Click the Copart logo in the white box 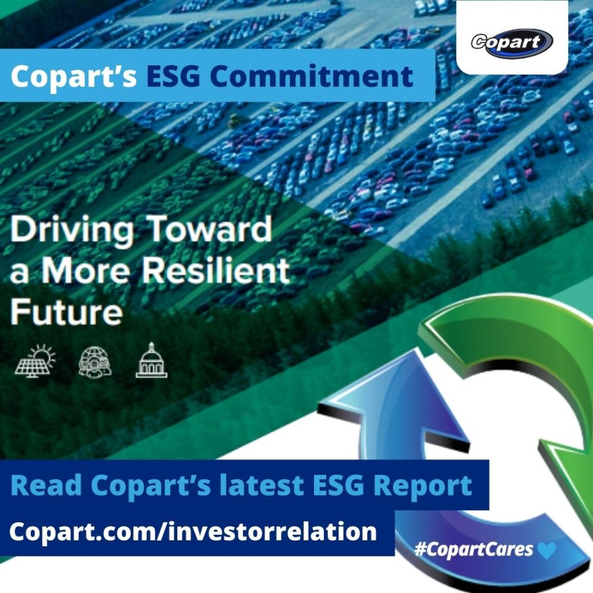(x=512, y=42)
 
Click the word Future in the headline (x=67, y=312)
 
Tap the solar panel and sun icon (x=35, y=361)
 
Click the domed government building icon (x=151, y=361)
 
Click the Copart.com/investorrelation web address (x=193, y=532)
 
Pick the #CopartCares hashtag (x=474, y=549)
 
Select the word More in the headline (x=93, y=272)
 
